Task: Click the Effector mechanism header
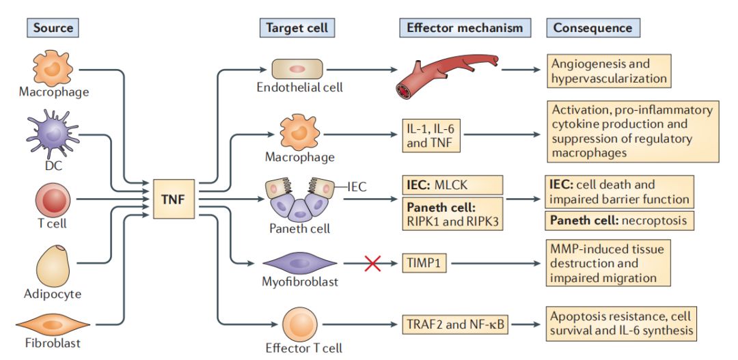click(464, 28)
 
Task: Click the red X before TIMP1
click(372, 262)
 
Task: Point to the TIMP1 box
click(424, 262)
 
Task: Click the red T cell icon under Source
click(53, 201)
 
